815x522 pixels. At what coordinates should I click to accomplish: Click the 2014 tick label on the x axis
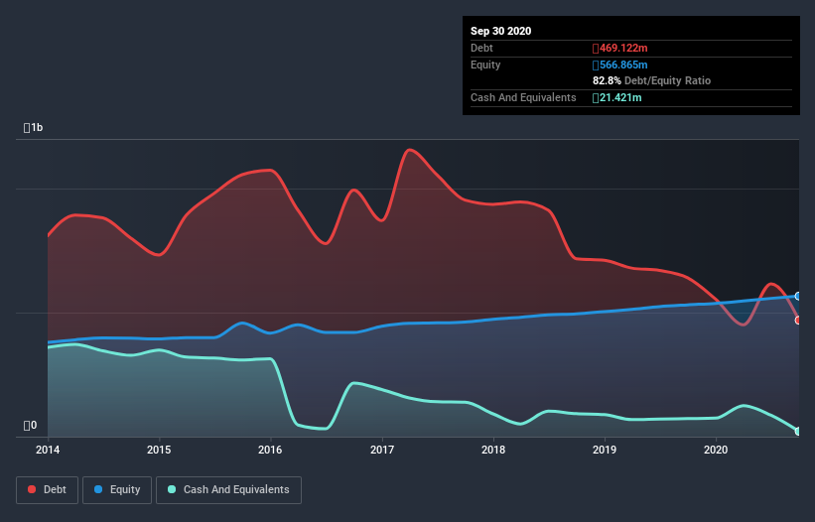point(48,450)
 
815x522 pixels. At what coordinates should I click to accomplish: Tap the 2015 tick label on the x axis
point(159,450)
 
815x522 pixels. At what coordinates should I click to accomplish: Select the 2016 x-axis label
point(270,450)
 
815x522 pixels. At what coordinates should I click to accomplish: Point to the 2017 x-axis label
point(382,450)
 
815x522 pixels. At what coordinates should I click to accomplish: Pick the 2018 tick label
point(493,450)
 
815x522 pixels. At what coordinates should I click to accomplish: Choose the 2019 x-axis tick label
point(605,450)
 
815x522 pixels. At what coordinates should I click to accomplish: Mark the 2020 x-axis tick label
point(716,450)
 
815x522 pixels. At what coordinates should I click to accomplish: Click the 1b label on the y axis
point(34,128)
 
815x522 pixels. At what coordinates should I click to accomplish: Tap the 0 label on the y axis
point(31,426)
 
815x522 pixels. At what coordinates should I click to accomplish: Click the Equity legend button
point(117,489)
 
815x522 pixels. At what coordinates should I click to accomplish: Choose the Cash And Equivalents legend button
point(228,489)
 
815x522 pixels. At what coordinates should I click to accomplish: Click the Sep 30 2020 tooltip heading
point(500,31)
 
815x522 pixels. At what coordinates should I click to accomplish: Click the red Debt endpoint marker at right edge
point(798,320)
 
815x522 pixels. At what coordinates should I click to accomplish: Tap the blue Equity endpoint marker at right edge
point(798,296)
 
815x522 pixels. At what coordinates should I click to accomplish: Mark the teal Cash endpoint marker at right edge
point(798,431)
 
